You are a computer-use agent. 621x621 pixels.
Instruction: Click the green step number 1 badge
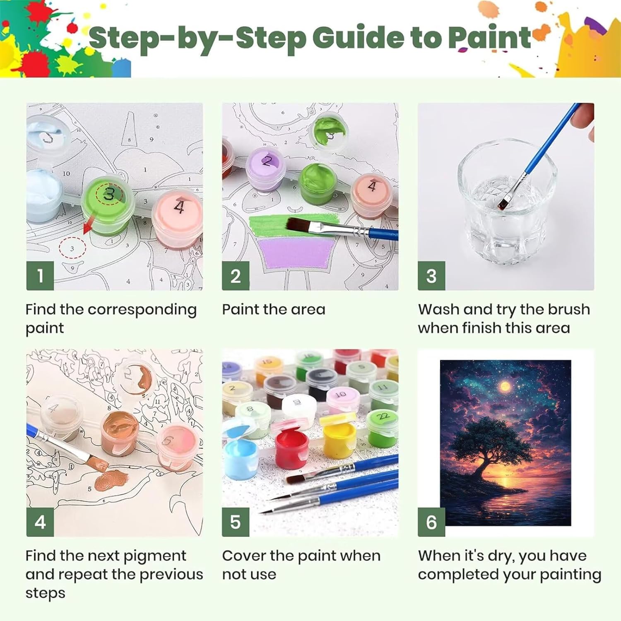(x=40, y=276)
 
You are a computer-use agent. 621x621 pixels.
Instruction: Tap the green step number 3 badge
(x=431, y=276)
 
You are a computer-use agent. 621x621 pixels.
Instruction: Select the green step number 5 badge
(x=236, y=522)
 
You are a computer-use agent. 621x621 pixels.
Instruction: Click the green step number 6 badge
(x=431, y=522)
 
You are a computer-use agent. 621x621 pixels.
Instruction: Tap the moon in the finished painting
(x=505, y=386)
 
